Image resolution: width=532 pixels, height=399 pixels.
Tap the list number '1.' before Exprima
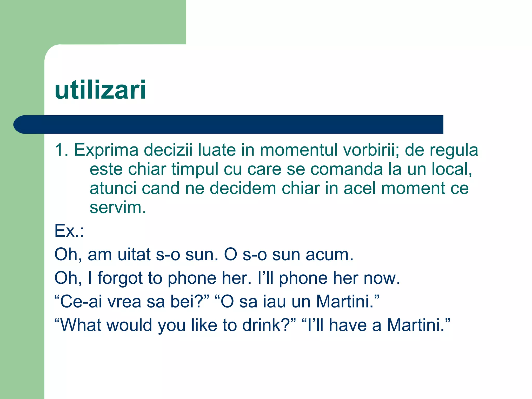[62, 150]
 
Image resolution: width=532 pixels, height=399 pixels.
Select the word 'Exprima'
[106, 150]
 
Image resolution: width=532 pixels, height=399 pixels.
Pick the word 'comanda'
[347, 169]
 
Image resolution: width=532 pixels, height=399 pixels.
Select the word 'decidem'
[243, 188]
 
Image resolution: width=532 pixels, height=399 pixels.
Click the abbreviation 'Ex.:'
[69, 231]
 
